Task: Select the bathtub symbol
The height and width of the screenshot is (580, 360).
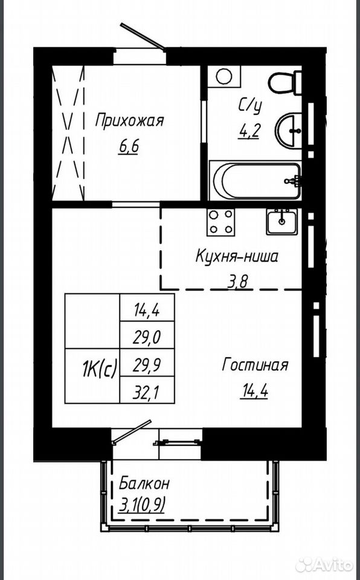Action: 256,181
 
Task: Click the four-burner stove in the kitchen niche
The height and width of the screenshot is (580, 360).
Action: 221,222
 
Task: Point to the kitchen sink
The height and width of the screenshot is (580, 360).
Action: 282,221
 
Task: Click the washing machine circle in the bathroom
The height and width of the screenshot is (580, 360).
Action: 224,77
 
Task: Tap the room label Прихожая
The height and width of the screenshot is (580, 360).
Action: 129,121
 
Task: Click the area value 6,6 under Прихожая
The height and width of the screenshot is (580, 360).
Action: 129,147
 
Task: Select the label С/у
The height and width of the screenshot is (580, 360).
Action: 250,106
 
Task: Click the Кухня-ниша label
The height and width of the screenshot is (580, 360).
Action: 236,256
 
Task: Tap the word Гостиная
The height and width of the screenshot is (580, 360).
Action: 255,365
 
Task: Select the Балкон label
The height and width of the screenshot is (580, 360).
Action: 144,483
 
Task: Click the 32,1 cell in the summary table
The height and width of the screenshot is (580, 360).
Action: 147,390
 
